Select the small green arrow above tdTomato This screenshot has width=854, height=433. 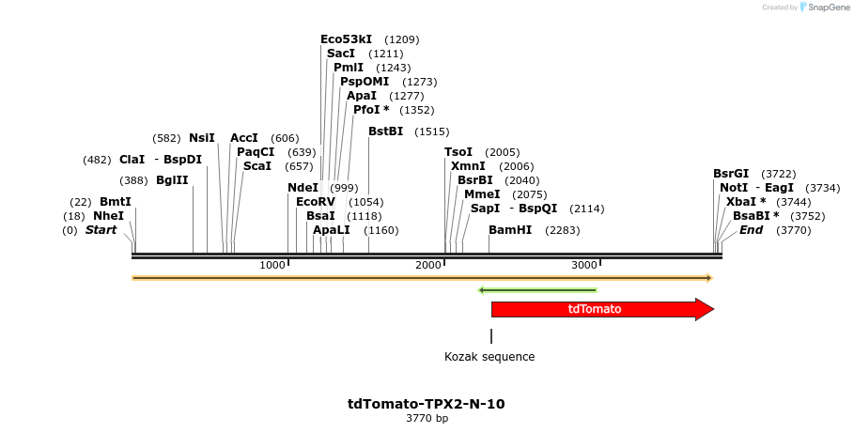pyautogui.click(x=537, y=290)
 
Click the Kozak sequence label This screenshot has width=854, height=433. pyautogui.click(x=489, y=357)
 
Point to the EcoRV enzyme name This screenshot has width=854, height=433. pyautogui.click(x=315, y=202)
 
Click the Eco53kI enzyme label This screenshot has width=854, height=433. pyautogui.click(x=346, y=39)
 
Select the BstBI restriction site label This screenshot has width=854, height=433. pyautogui.click(x=385, y=131)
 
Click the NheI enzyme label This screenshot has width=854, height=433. pyautogui.click(x=108, y=216)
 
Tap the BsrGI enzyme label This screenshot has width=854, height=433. pyautogui.click(x=731, y=174)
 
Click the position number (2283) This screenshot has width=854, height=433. pyautogui.click(x=562, y=230)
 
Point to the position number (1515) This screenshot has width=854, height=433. pyautogui.click(x=431, y=131)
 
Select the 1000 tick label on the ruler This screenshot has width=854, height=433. pyautogui.click(x=272, y=266)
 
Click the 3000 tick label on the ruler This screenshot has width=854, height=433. pyautogui.click(x=584, y=266)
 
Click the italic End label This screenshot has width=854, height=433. pyautogui.click(x=751, y=230)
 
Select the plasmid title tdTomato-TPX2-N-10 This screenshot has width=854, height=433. pyautogui.click(x=427, y=404)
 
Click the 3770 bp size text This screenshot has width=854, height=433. pyautogui.click(x=427, y=419)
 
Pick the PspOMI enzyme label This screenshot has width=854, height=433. pyautogui.click(x=365, y=82)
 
